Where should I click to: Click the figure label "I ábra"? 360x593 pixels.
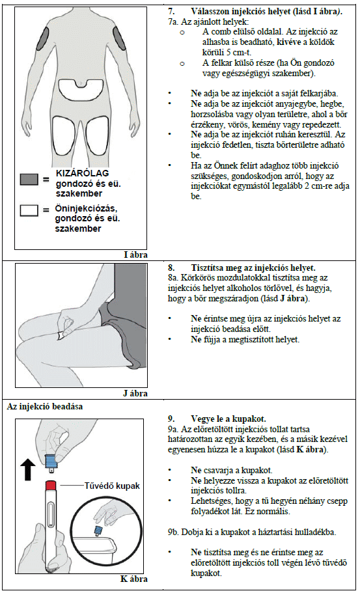[x=135, y=255]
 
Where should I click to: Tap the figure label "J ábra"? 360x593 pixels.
[x=135, y=393]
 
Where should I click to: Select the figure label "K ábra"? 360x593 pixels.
[x=134, y=579]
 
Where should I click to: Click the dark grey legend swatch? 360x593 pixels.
[x=29, y=180]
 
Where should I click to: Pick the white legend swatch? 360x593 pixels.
[x=29, y=211]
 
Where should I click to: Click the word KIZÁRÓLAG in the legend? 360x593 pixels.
[x=83, y=173]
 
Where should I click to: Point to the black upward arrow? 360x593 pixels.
[x=29, y=468]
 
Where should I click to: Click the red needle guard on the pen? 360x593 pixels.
[x=51, y=485]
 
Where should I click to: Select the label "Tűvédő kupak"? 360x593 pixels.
[x=113, y=486]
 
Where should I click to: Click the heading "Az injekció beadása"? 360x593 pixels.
[x=45, y=407]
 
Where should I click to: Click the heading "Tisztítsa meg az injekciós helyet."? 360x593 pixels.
[x=253, y=268]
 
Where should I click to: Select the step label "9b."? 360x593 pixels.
[x=174, y=532]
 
